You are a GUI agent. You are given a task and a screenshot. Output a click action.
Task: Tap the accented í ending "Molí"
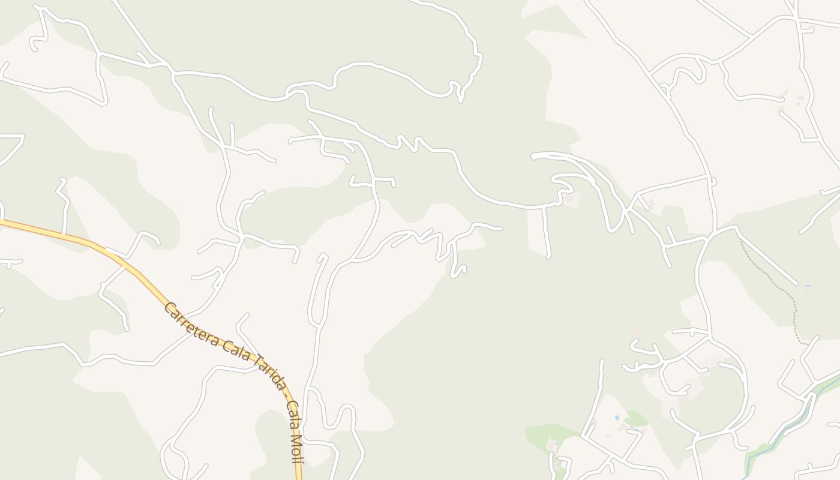point(296,459)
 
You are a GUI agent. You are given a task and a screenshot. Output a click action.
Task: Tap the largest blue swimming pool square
point(617,418)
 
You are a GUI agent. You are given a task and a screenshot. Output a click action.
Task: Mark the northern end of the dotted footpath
point(741,241)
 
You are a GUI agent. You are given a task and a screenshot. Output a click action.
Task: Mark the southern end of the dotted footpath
point(808,344)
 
